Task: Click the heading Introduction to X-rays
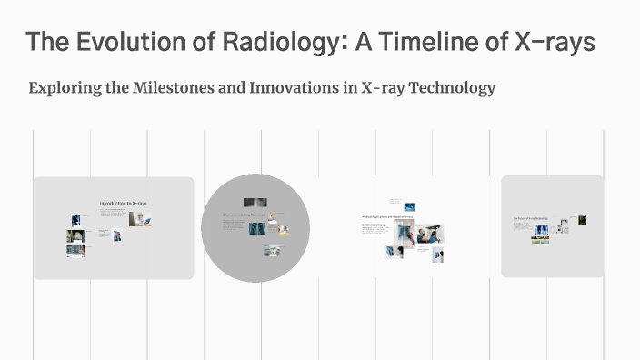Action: click(x=123, y=203)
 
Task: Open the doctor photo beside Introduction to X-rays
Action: click(x=139, y=219)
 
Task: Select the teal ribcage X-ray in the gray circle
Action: click(x=257, y=228)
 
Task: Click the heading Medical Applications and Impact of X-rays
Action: click(x=387, y=217)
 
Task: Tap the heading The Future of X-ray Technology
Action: click(x=529, y=218)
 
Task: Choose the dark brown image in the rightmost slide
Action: click(x=582, y=220)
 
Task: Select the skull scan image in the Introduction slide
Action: click(x=76, y=235)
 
